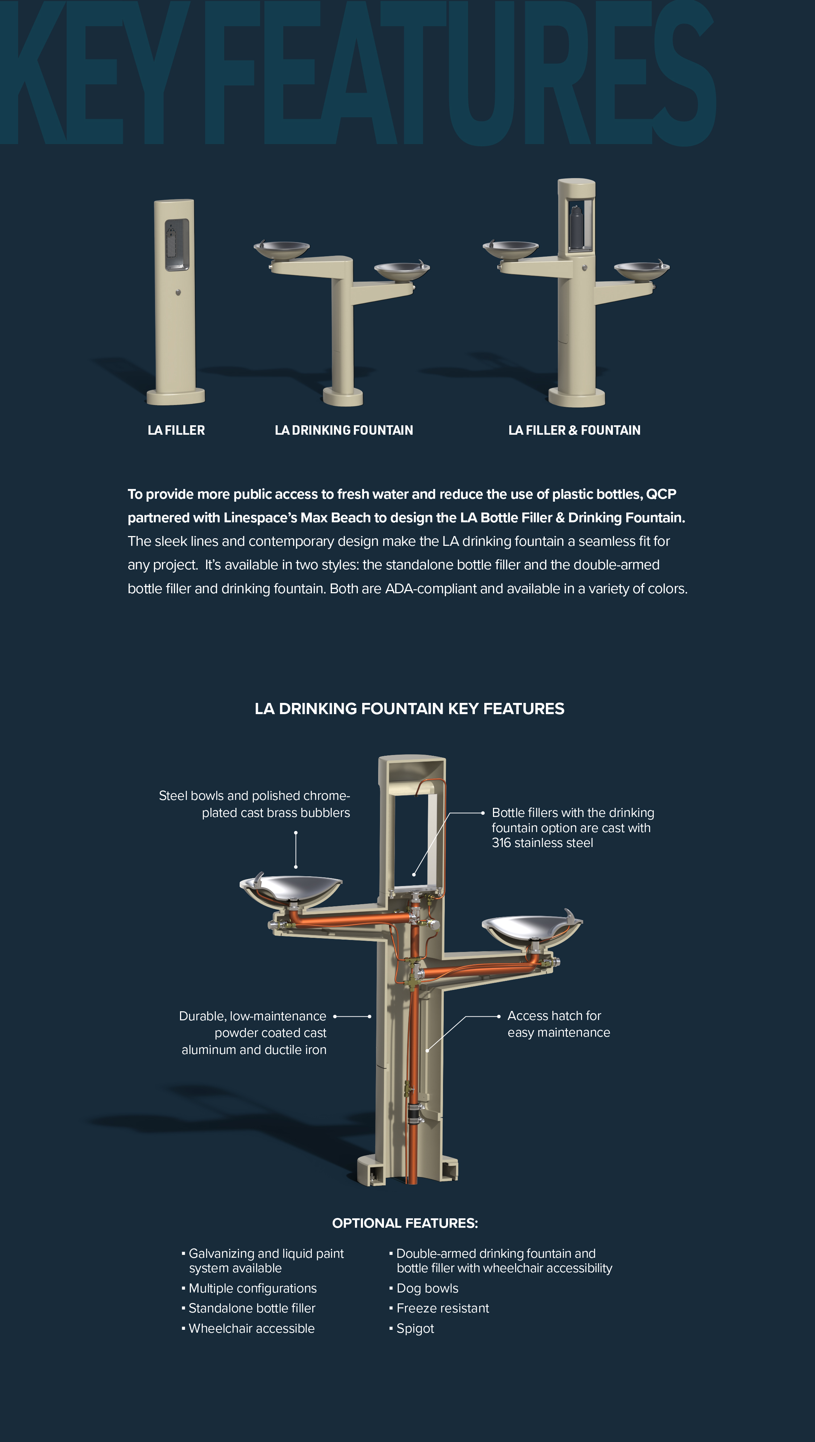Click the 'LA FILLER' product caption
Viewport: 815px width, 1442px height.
[176, 430]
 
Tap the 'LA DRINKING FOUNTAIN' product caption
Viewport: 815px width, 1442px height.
[344, 430]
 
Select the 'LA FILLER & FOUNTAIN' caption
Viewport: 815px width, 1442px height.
[574, 430]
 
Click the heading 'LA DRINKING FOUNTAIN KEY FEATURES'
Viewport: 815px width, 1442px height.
[409, 709]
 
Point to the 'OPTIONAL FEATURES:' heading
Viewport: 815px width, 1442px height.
[405, 1223]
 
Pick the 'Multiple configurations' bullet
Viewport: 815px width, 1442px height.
[249, 1288]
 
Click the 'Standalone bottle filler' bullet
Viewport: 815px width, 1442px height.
[249, 1308]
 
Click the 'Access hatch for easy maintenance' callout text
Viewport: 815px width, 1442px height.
[559, 1024]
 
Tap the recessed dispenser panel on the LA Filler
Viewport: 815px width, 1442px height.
[177, 245]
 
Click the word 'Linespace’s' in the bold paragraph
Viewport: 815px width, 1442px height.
[260, 518]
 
